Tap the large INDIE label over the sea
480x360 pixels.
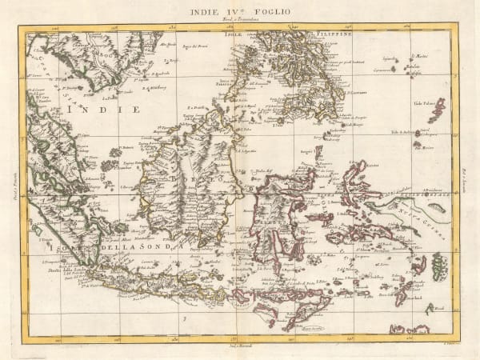104,107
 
